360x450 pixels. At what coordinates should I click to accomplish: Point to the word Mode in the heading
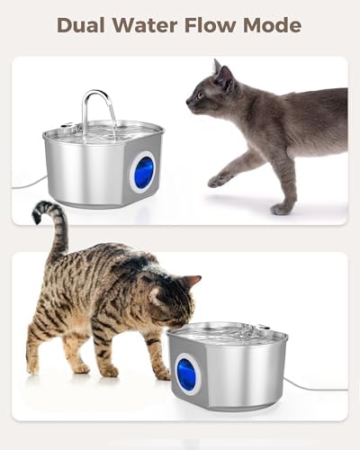tap(273, 24)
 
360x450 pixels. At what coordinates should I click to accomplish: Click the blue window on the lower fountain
tap(186, 373)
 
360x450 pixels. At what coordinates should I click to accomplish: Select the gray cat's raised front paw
tap(217, 180)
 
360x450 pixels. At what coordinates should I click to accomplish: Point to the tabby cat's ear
tap(190, 282)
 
